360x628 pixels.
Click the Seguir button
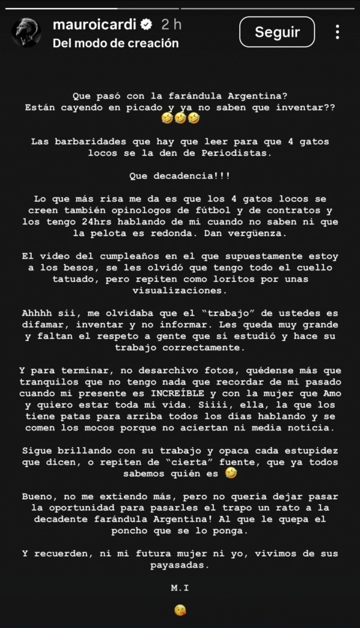pos(277,32)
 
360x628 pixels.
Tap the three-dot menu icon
pos(337,32)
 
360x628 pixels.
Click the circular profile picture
pos(27,33)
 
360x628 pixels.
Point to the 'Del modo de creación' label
pos(116,44)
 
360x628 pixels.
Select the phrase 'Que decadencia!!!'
pos(180,175)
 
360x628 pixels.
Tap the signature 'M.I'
pos(180,588)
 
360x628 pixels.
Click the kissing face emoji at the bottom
pos(180,610)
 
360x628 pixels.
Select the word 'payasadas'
pos(180,565)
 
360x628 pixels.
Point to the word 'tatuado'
pos(43,278)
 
